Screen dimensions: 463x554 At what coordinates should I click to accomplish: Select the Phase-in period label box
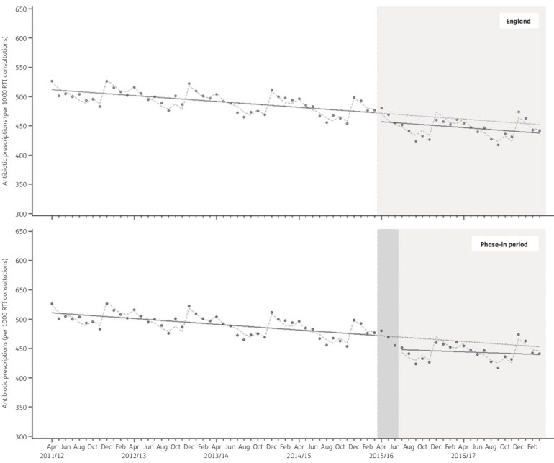coord(505,245)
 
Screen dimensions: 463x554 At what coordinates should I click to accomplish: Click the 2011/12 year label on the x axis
coord(52,456)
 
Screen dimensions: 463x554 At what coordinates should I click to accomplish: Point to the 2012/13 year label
coord(134,456)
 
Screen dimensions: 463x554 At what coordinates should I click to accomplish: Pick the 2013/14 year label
coord(217,456)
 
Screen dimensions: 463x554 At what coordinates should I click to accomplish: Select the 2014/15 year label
coord(299,456)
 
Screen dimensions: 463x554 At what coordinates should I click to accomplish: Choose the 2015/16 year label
coord(381,456)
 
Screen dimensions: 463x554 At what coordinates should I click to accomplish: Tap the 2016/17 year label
coord(463,456)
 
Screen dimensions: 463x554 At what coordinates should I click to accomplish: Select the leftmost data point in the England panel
coord(52,81)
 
